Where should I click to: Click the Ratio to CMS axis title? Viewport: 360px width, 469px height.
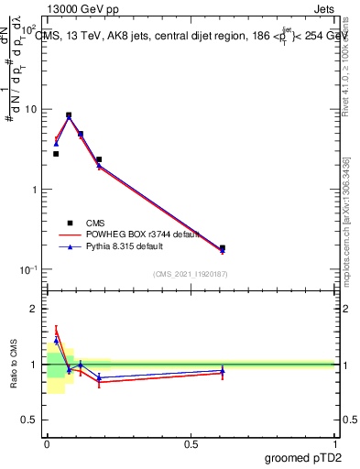(x=14, y=365)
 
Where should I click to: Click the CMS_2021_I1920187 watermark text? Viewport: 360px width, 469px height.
(x=191, y=273)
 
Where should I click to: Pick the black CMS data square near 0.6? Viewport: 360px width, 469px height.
(x=223, y=248)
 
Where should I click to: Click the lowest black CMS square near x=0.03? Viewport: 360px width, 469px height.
(x=56, y=154)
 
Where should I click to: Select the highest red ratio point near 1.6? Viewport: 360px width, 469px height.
(x=56, y=332)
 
